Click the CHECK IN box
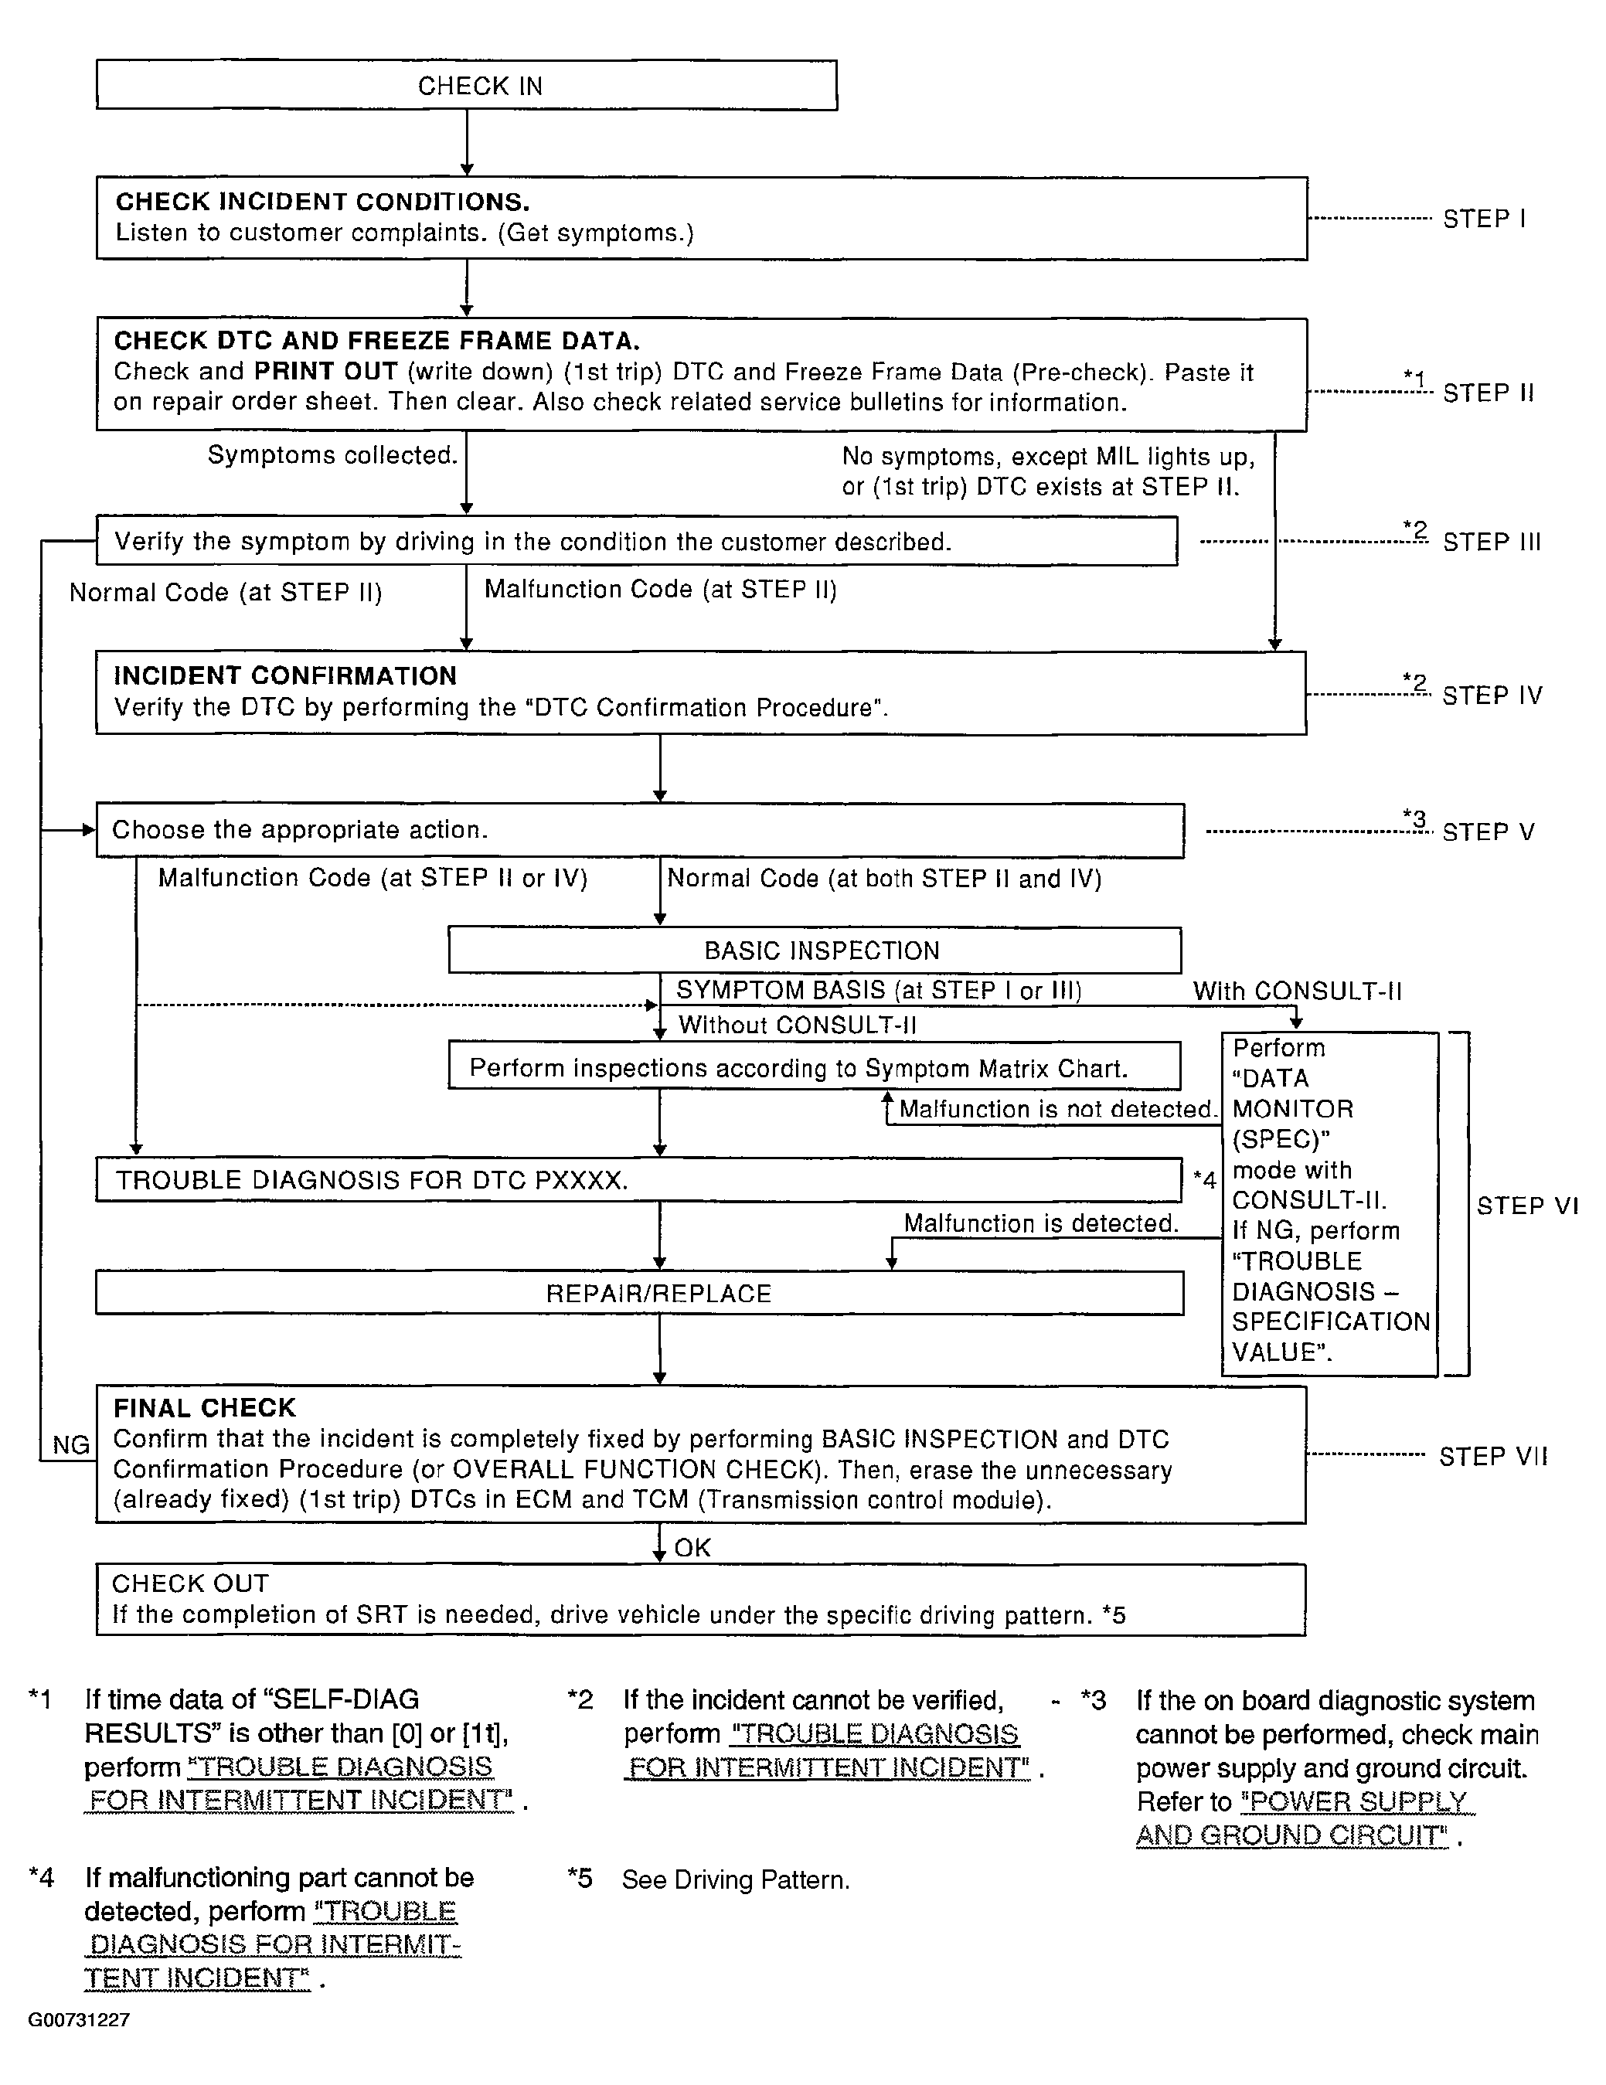coord(466,86)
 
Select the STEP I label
coord(1484,219)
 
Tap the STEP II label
coord(1488,393)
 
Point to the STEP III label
coord(1492,543)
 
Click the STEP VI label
coord(1526,1206)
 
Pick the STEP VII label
coord(1493,1457)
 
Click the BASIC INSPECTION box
coord(815,951)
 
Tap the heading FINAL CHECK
coord(204,1408)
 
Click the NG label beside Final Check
coord(70,1445)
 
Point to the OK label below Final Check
coord(692,1547)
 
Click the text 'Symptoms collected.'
coord(332,455)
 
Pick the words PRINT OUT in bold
coord(325,372)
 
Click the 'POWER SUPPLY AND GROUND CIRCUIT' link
coord(1303,1818)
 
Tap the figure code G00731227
coord(80,2019)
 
